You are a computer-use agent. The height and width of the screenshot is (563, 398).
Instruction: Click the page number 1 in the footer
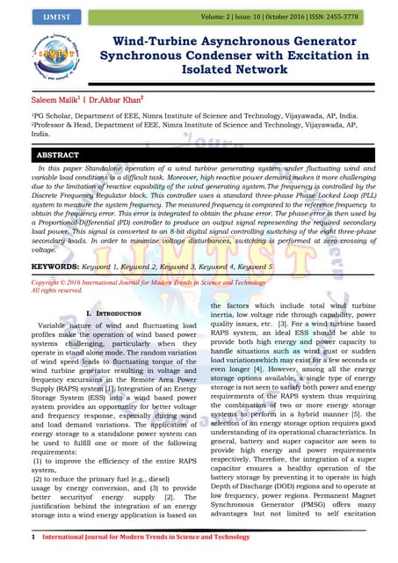click(33, 536)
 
